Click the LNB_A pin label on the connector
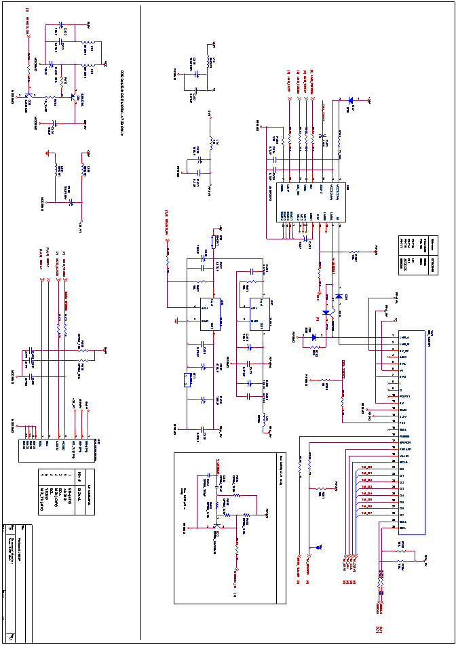coord(404,337)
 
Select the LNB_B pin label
coord(404,344)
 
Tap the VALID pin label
coord(404,456)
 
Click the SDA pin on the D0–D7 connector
coord(403,522)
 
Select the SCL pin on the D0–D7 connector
coord(402,528)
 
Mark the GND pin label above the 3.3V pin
coord(403,410)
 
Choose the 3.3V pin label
coord(403,416)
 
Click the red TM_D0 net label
coord(366,467)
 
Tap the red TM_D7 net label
coord(366,513)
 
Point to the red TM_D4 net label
coord(366,493)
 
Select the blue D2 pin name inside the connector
coord(402,482)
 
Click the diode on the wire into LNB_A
coord(313,337)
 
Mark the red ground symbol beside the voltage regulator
coord(176,321)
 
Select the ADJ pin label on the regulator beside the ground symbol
coord(204,308)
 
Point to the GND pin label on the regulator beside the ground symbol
coord(205,321)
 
